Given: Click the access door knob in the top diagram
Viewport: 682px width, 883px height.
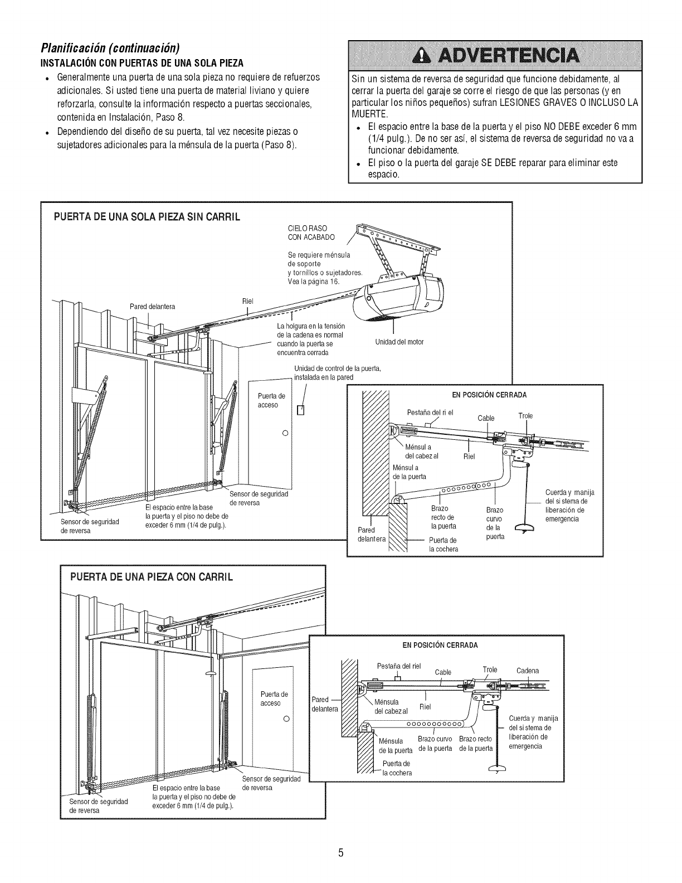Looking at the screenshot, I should point(285,433).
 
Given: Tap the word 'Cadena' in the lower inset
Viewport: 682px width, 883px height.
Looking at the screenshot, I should point(528,671).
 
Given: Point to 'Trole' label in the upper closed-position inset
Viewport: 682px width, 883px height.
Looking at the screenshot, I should point(525,415).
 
